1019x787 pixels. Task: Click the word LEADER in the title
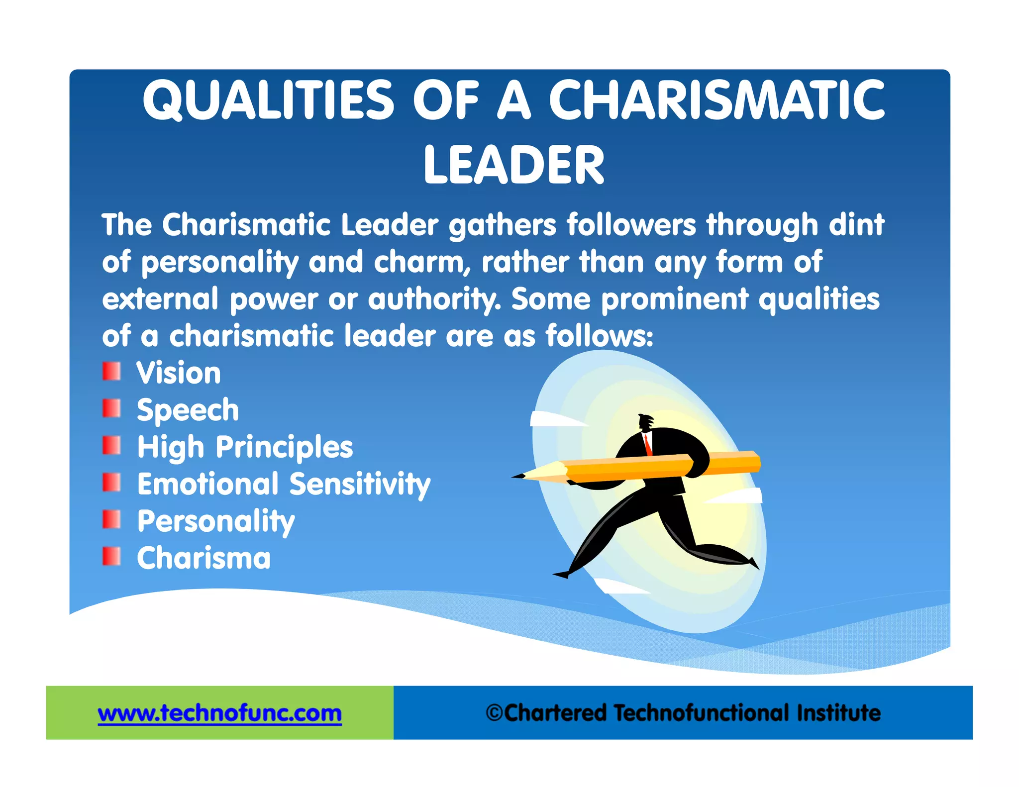pyautogui.click(x=513, y=165)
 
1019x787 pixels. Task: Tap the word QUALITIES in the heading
pyautogui.click(x=268, y=100)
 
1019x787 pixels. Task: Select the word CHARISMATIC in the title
pyautogui.click(x=716, y=100)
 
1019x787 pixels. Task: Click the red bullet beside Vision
pyautogui.click(x=111, y=372)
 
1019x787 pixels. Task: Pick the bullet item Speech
pyautogui.click(x=188, y=410)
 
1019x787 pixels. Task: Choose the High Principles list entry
pyautogui.click(x=245, y=447)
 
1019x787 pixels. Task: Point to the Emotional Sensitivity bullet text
pyautogui.click(x=284, y=484)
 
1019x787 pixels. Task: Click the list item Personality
pyautogui.click(x=216, y=521)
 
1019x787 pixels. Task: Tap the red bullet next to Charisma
pyautogui.click(x=111, y=557)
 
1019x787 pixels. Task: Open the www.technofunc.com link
pyautogui.click(x=219, y=713)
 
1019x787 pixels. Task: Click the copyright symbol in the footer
pyautogui.click(x=494, y=713)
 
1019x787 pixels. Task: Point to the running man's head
pyautogui.click(x=646, y=422)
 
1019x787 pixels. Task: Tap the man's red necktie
pyautogui.click(x=647, y=444)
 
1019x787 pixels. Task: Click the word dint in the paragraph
pyautogui.click(x=856, y=225)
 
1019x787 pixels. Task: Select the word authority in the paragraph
pyautogui.click(x=433, y=299)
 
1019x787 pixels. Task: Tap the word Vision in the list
pyautogui.click(x=179, y=373)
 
